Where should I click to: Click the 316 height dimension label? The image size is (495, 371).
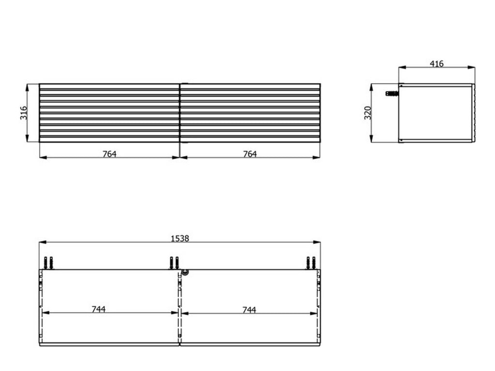[x=24, y=113]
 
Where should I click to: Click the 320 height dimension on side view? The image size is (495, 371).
[x=368, y=113]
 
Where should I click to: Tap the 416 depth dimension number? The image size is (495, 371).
[x=437, y=64]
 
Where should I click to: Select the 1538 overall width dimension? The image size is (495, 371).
[x=180, y=238]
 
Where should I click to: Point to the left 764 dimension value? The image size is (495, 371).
[x=110, y=154]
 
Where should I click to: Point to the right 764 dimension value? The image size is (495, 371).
[x=250, y=154]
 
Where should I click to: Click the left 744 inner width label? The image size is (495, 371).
[x=99, y=309]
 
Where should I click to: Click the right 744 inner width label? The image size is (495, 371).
[x=249, y=310]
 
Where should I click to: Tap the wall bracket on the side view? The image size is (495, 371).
[x=392, y=93]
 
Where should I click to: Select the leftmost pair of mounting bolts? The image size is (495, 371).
[x=48, y=263]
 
